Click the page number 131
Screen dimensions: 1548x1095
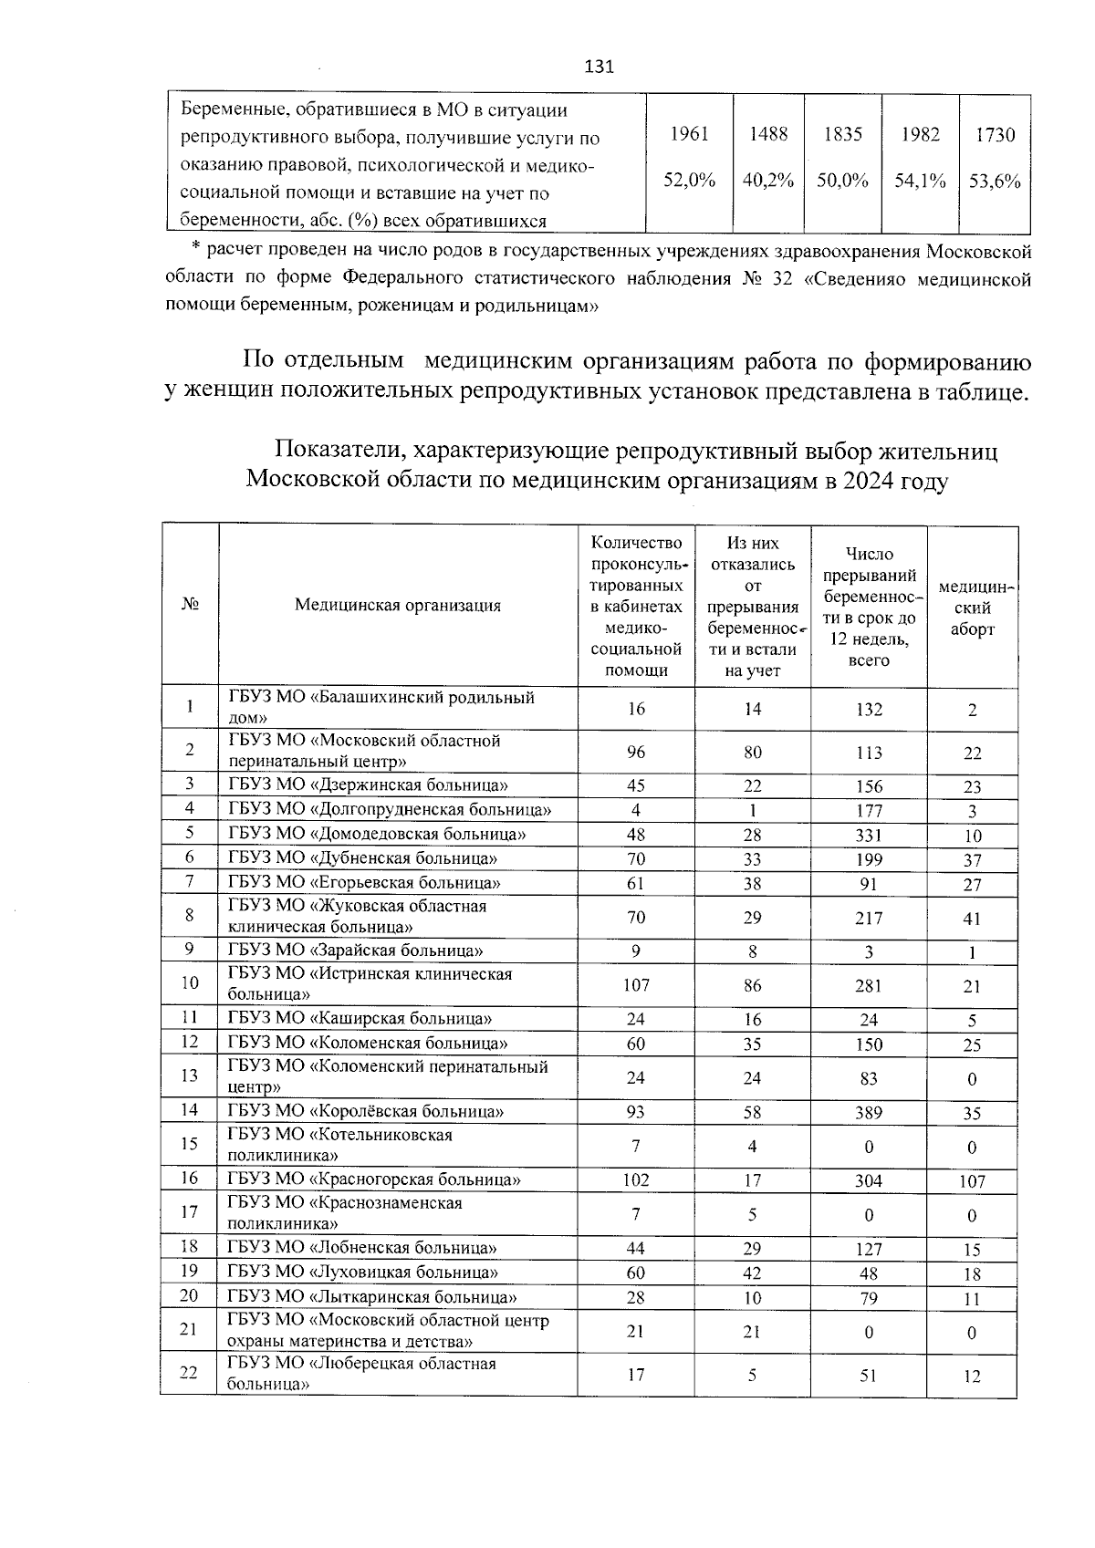[599, 68]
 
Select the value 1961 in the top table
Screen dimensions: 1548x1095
[689, 134]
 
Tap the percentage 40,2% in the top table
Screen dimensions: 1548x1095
[767, 181]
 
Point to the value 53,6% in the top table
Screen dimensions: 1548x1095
[995, 181]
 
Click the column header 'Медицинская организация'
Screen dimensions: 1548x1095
[397, 605]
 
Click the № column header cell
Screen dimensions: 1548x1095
[190, 605]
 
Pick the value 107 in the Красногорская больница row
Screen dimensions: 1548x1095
[972, 1181]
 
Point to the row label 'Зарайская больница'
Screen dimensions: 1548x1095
[356, 951]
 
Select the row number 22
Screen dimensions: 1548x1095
[189, 1373]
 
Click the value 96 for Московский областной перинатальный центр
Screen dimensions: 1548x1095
[636, 753]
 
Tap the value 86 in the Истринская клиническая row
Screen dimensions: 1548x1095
[752, 986]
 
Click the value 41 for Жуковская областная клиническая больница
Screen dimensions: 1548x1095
[972, 919]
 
